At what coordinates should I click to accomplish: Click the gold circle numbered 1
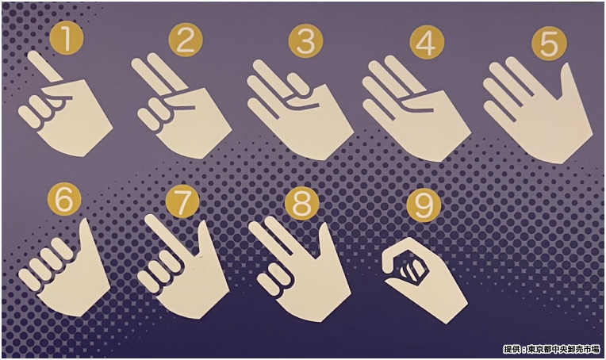point(67,37)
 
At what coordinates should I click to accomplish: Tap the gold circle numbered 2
point(186,40)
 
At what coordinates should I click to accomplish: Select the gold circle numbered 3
point(305,41)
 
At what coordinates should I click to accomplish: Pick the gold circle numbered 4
point(427,43)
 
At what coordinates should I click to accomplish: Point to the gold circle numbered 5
point(549,44)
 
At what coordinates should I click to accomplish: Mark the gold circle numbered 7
point(182,201)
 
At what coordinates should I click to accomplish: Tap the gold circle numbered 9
point(424,205)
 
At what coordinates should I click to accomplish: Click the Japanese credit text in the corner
point(551,350)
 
